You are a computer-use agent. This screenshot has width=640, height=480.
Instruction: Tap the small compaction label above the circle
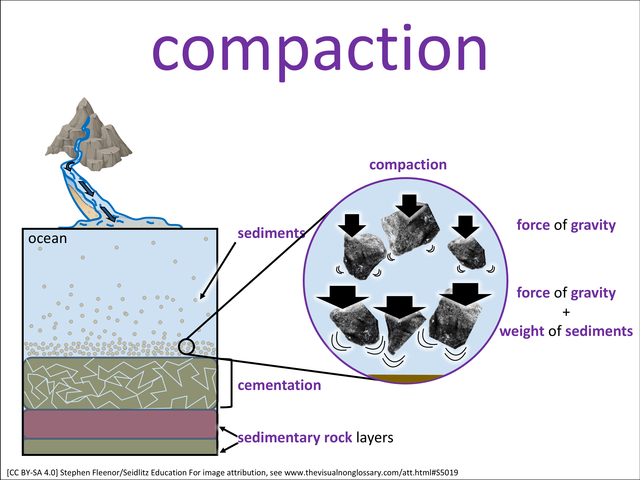tap(408, 165)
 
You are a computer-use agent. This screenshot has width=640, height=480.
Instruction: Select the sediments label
tap(271, 233)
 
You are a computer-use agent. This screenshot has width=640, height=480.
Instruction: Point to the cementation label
tap(279, 385)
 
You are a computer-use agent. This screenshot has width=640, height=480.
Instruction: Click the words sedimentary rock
tap(295, 438)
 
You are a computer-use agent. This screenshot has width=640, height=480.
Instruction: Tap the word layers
tap(375, 438)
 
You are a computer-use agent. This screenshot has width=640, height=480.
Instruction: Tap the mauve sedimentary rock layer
tap(120, 424)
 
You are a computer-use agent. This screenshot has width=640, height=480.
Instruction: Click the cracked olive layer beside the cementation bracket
tap(120, 383)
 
